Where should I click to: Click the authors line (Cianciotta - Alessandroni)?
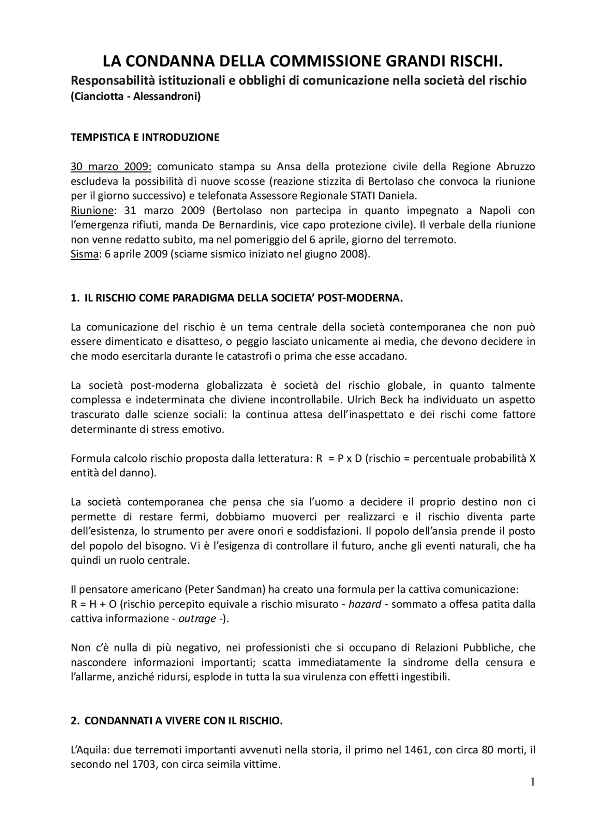136,98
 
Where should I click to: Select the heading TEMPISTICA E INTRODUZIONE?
145,137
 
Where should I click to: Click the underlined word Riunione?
92,211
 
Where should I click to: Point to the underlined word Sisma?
84,255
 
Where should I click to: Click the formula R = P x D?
339,459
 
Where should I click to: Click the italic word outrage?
197,619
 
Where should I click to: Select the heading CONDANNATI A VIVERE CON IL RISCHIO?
183,721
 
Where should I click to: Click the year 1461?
417,750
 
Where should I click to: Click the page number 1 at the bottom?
532,782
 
